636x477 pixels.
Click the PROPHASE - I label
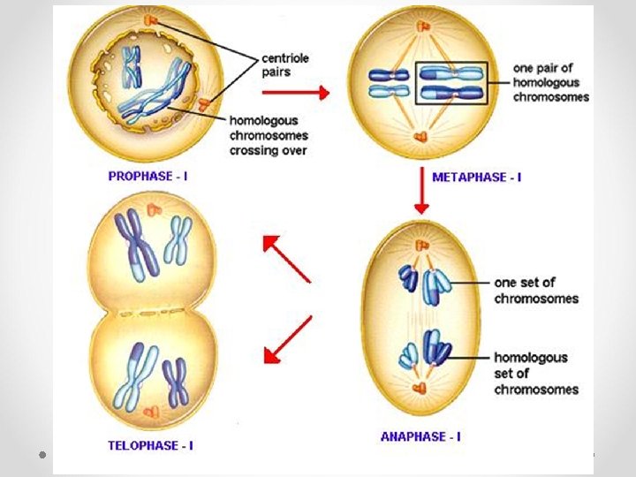(148, 176)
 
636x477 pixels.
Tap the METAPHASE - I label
(476, 177)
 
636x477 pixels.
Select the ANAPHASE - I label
(420, 436)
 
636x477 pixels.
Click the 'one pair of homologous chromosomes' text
(551, 81)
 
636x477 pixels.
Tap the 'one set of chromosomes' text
(536, 291)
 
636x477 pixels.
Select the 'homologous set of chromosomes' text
(536, 374)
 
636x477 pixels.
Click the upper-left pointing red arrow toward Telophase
(286, 258)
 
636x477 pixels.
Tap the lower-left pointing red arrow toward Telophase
(288, 340)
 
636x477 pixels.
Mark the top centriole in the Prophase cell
(155, 19)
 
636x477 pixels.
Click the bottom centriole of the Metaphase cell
(420, 137)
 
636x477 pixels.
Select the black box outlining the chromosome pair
(452, 82)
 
